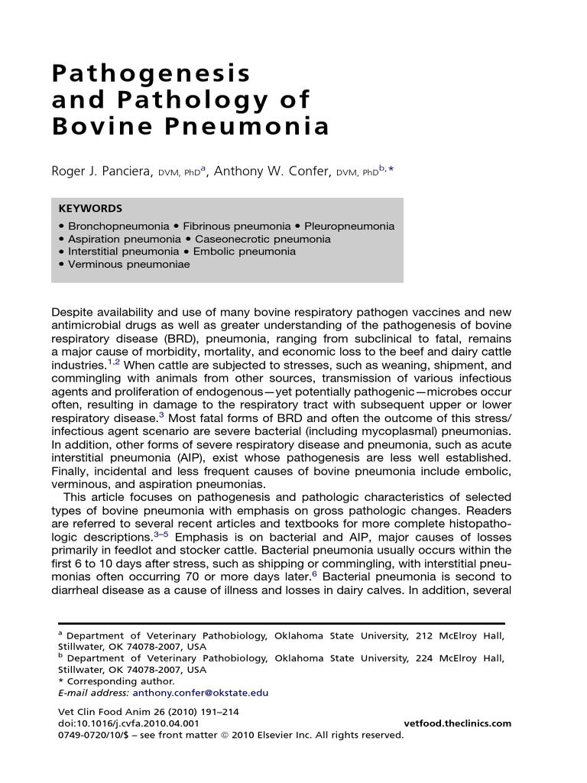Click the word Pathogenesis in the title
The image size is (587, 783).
[151, 73]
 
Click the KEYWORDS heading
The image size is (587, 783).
[89, 208]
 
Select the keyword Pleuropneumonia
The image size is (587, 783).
[349, 226]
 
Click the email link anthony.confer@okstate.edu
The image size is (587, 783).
[200, 693]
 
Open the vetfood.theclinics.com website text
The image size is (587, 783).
[456, 723]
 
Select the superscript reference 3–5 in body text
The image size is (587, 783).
[161, 535]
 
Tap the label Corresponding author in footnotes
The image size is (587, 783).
[120, 681]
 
